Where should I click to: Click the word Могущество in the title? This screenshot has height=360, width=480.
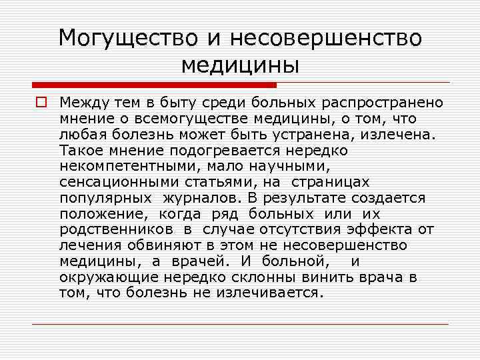click(127, 37)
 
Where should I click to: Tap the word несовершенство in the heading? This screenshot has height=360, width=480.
click(326, 37)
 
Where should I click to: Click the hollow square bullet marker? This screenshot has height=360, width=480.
click(41, 103)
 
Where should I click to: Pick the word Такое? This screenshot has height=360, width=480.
click(78, 151)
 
